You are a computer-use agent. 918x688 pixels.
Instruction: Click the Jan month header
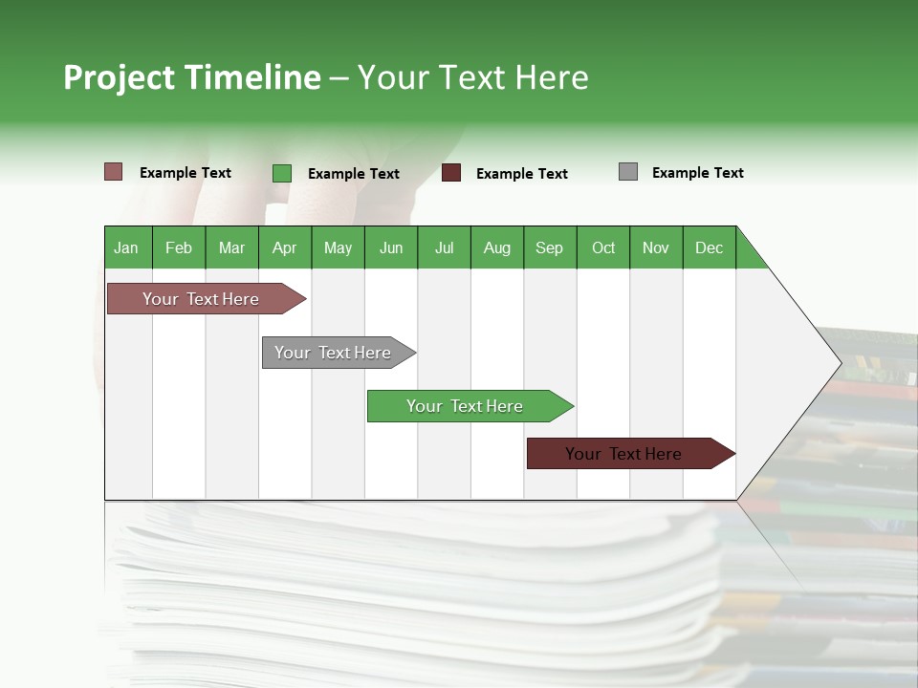point(126,247)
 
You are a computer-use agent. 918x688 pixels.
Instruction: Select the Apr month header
point(284,247)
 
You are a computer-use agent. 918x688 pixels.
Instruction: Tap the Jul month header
point(444,247)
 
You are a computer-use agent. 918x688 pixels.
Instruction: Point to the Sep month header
point(549,247)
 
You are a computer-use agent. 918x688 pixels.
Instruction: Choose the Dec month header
point(709,247)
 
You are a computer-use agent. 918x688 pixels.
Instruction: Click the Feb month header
point(179,247)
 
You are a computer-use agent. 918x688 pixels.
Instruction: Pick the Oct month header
point(602,247)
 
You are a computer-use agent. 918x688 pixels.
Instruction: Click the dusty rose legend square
point(114,172)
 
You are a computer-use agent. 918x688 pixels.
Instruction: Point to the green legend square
point(282,173)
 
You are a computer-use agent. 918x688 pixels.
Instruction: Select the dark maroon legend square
point(451,173)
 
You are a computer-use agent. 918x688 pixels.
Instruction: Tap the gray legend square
point(628,172)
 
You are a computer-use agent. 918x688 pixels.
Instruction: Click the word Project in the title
point(119,77)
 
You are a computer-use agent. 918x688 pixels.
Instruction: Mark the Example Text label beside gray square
point(697,173)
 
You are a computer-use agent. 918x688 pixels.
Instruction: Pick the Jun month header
point(390,247)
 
